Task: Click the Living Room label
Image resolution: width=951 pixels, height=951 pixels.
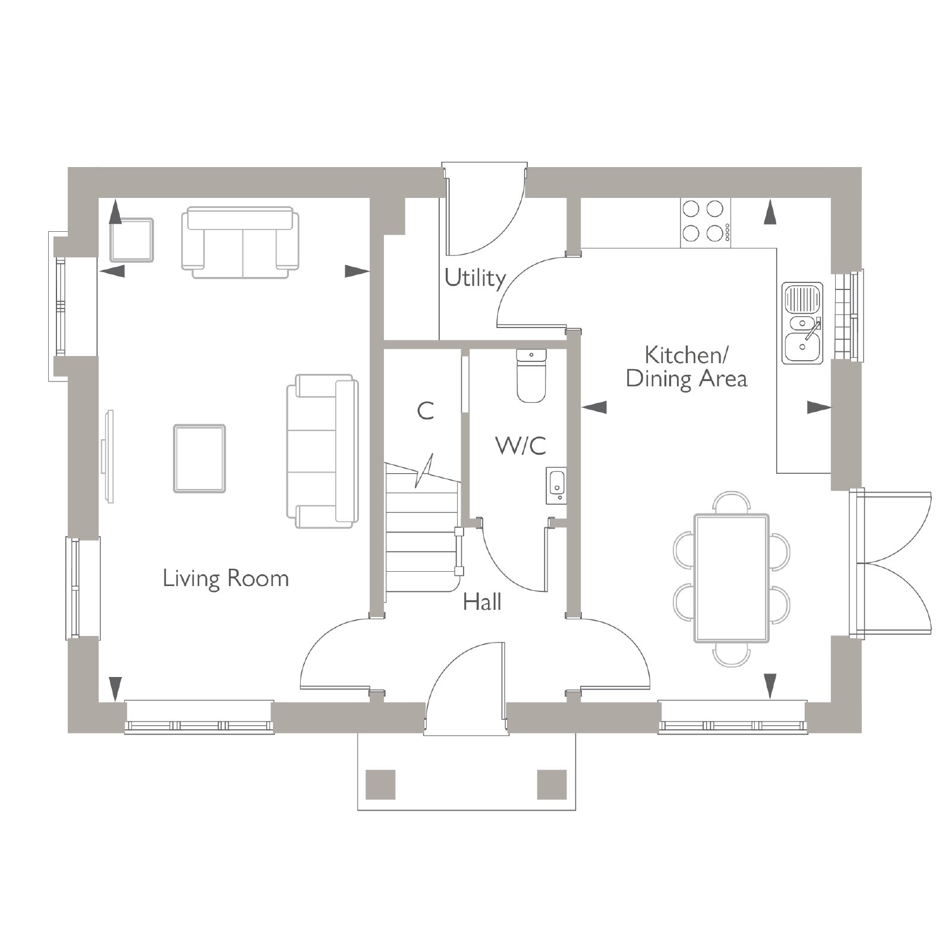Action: [x=226, y=578]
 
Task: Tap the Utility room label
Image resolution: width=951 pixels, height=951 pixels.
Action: [x=475, y=278]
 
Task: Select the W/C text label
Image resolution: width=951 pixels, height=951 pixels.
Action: [x=521, y=445]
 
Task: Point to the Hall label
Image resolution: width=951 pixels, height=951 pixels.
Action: [x=482, y=602]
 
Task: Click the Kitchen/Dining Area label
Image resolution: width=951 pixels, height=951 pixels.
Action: [x=687, y=367]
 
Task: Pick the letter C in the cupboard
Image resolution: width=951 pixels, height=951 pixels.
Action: [x=426, y=411]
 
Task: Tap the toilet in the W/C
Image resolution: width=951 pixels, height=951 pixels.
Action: [x=531, y=376]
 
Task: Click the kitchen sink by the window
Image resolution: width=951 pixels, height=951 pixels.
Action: [x=803, y=323]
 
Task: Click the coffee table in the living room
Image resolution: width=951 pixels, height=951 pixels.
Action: [x=200, y=458]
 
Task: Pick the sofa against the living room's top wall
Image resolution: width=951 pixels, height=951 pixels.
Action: [x=240, y=242]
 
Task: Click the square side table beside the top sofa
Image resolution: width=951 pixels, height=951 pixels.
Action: [x=131, y=240]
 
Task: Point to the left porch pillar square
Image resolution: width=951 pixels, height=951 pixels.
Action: [x=380, y=785]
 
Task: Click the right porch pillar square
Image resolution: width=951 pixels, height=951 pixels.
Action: [x=552, y=785]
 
